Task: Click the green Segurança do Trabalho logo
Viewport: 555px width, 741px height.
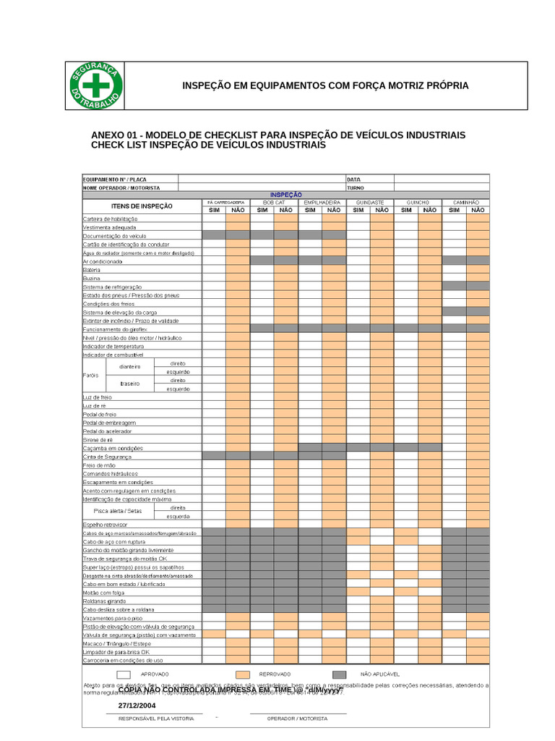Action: pyautogui.click(x=95, y=85)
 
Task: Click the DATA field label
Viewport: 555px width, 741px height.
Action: pyautogui.click(x=354, y=179)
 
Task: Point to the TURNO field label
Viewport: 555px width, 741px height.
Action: pyautogui.click(x=356, y=187)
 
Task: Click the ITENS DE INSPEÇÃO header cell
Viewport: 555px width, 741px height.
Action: pyautogui.click(x=142, y=206)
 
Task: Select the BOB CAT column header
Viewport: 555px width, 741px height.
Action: pyautogui.click(x=274, y=202)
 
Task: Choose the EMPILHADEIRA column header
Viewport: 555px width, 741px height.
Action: pyautogui.click(x=322, y=202)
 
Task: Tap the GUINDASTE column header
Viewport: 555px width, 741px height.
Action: pyautogui.click(x=370, y=202)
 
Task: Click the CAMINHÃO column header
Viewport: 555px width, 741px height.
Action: pyautogui.click(x=465, y=202)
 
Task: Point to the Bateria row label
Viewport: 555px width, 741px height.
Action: pyautogui.click(x=92, y=269)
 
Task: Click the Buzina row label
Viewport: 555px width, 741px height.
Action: pyautogui.click(x=91, y=278)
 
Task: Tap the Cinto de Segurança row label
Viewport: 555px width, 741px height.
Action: pyautogui.click(x=108, y=457)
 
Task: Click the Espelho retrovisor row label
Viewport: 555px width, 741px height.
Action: pyautogui.click(x=106, y=524)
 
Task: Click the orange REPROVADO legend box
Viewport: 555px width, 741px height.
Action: pyautogui.click(x=242, y=674)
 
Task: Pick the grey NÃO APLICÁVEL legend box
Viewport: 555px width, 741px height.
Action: pyautogui.click(x=339, y=674)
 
